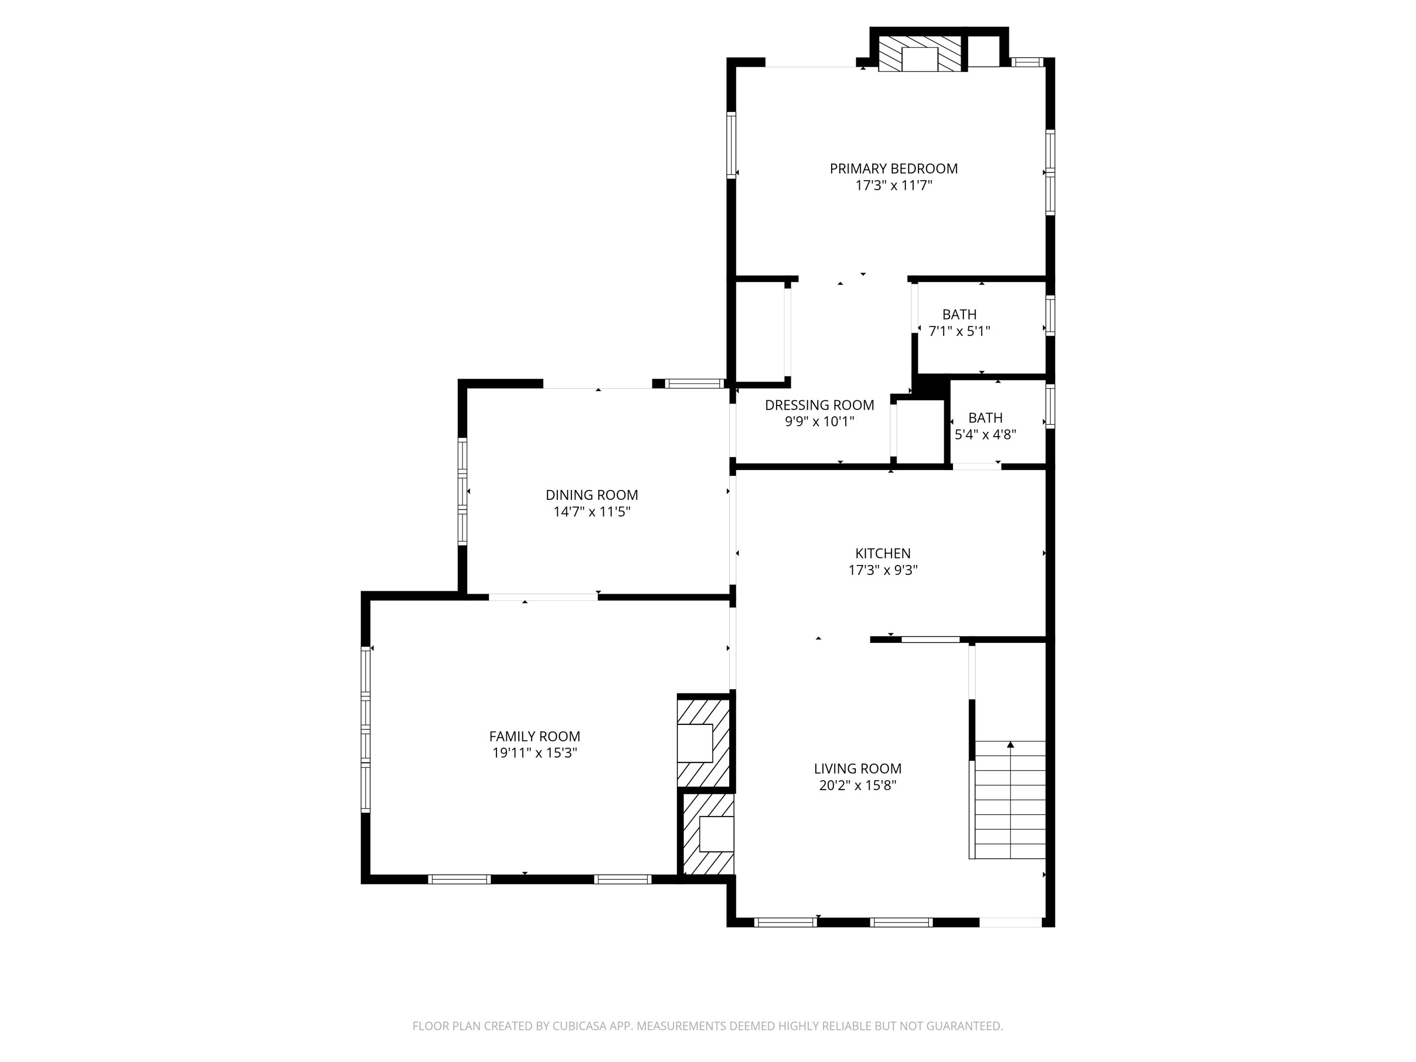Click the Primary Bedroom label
click(893, 169)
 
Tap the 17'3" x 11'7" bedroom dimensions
click(893, 185)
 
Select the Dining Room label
click(591, 495)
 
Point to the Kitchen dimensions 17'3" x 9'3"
click(883, 570)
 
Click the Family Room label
click(534, 736)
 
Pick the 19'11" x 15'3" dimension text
click(534, 753)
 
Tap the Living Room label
click(857, 768)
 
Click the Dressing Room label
click(819, 405)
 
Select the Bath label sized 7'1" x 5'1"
click(959, 314)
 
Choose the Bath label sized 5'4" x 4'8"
click(985, 417)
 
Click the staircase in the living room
click(1010, 800)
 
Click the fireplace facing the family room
click(702, 742)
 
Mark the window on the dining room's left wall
click(462, 492)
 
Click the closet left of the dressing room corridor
click(760, 332)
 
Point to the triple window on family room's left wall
click(365, 729)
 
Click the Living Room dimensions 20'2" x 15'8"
click(857, 785)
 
